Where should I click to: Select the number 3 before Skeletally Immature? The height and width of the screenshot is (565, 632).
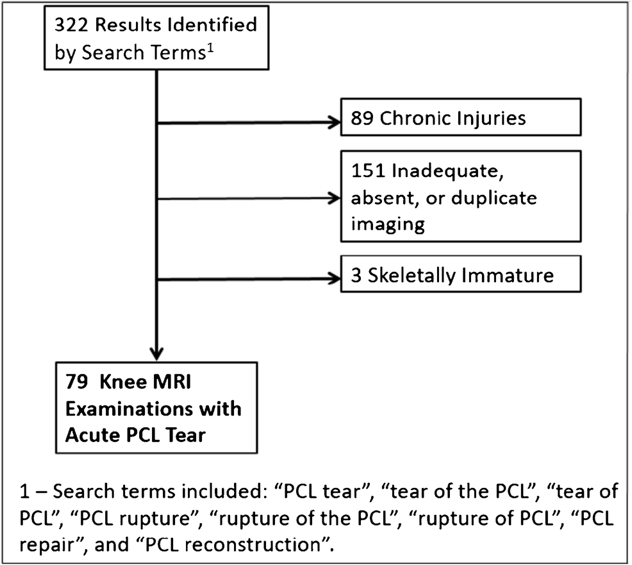[356, 277]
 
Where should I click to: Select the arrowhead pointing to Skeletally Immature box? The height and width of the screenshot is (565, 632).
[333, 279]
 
